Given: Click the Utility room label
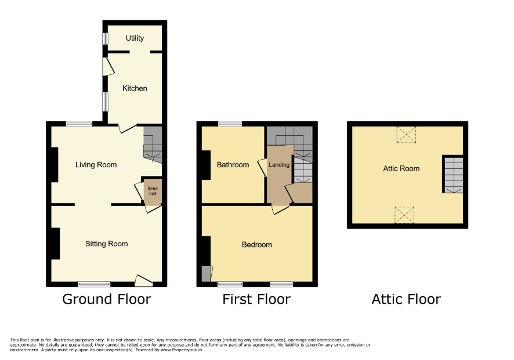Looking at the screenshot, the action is point(135,38).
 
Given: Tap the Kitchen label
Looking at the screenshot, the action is point(135,88).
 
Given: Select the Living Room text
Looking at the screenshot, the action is point(96,165).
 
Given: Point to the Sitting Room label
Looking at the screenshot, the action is point(107,244).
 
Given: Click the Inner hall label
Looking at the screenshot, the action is point(153,190).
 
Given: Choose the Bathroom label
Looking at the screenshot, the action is point(233,165).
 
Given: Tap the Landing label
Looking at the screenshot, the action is point(279,165).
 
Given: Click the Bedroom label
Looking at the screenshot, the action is point(256,245).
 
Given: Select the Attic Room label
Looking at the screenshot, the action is point(401,169).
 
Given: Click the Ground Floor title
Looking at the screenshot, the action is point(107,299).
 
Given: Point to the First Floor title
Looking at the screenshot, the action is point(256,299).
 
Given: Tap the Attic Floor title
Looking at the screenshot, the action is point(406,299).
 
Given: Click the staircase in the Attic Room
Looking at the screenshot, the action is point(453,175).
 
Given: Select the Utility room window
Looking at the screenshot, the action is point(105,38).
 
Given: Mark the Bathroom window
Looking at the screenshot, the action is point(230,124).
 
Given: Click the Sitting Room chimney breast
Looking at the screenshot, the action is point(55,243).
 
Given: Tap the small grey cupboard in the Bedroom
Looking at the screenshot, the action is point(206,273).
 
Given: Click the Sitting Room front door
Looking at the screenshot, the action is point(143,280).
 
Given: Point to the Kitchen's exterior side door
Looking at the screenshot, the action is point(108,67).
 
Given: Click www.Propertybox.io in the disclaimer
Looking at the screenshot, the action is point(181,350).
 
